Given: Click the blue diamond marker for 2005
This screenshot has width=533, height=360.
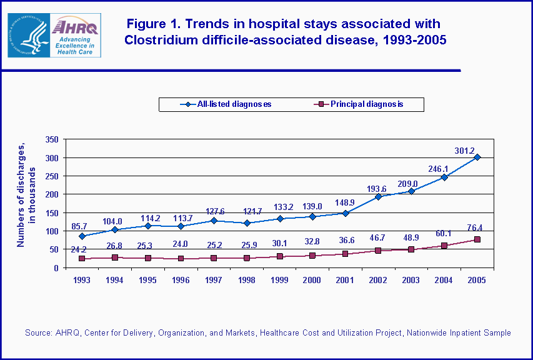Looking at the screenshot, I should coord(477,157).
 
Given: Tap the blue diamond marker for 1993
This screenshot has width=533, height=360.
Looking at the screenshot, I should coord(81,236).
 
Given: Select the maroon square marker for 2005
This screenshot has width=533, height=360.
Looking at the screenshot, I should coord(477,239).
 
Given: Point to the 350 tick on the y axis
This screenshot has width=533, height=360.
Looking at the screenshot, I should coord(52,139).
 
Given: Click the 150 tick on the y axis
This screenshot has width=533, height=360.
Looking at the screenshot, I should coord(52,212).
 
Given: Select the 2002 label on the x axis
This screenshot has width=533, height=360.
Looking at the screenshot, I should coord(377,280).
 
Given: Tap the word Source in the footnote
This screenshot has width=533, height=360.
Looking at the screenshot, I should coord(38,333).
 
